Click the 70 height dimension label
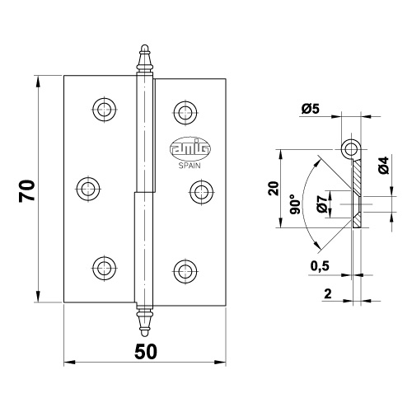click(27, 191)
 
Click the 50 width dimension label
click(146, 352)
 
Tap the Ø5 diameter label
click(311, 109)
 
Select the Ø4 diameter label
click(384, 165)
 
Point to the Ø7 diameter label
click(321, 204)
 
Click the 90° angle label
click(295, 204)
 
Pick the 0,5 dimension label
click(320, 265)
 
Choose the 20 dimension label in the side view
click(274, 189)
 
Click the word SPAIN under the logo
click(190, 166)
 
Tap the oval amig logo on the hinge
click(190, 148)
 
